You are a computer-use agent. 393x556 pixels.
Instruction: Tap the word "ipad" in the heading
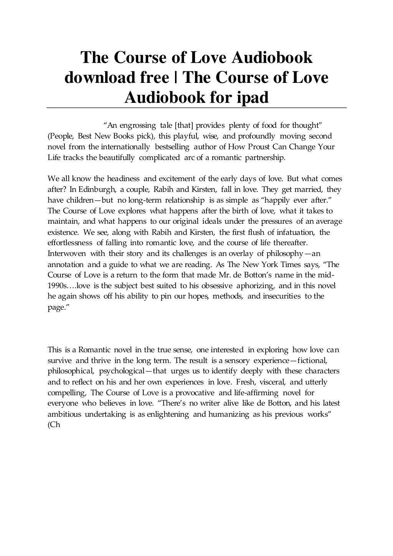[x=249, y=97]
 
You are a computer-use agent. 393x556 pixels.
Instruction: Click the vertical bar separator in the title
[x=176, y=78]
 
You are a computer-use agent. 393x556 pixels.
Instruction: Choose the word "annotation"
[x=65, y=264]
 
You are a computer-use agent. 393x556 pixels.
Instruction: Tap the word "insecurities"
[x=282, y=297]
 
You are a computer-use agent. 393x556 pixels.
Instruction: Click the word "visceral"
[x=268, y=382]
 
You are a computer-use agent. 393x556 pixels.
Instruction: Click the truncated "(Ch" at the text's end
[x=54, y=425]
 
